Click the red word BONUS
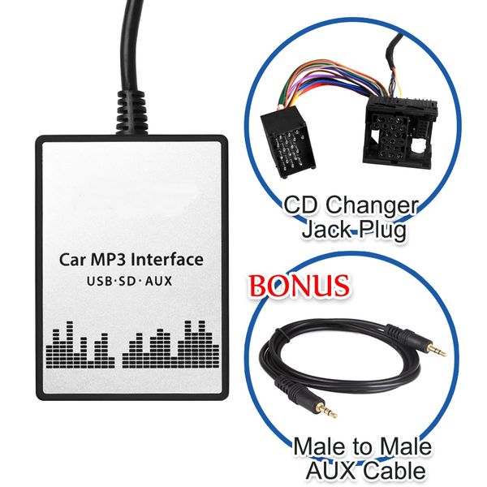point(299,285)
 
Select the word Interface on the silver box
point(167,260)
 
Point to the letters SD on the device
point(127,282)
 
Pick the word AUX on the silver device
point(158,282)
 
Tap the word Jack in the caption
point(328,230)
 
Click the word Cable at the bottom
point(394,471)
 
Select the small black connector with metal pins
point(288,140)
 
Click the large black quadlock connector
point(400,130)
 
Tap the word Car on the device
point(71,260)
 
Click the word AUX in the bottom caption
point(332,471)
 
